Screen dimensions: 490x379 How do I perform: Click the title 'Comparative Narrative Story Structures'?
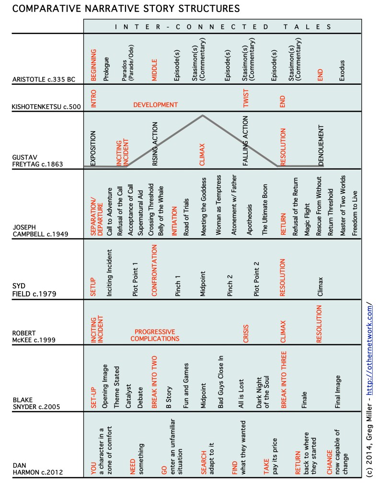(x=120, y=9)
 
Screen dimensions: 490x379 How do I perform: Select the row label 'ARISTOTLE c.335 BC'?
(x=43, y=80)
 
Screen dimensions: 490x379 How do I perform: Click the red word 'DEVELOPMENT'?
(x=155, y=105)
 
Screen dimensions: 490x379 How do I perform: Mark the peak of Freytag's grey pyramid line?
(x=203, y=115)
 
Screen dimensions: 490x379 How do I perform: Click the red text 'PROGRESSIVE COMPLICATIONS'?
(x=155, y=335)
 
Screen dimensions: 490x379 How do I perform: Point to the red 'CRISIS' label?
(x=246, y=330)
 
